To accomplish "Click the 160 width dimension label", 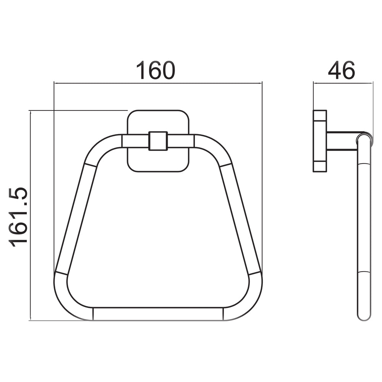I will pyautogui.click(x=155, y=71).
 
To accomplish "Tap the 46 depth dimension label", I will pyautogui.click(x=342, y=71).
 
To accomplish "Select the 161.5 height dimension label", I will pyautogui.click(x=18, y=216).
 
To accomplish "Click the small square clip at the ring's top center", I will pyautogui.click(x=158, y=141).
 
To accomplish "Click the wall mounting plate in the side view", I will pyautogui.click(x=320, y=141).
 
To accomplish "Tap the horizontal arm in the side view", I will pyautogui.click(x=342, y=141).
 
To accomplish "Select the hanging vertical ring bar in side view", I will pyautogui.click(x=364, y=229).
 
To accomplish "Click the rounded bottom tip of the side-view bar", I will pyautogui.click(x=364, y=316).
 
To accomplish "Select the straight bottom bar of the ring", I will pyautogui.click(x=158, y=314).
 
